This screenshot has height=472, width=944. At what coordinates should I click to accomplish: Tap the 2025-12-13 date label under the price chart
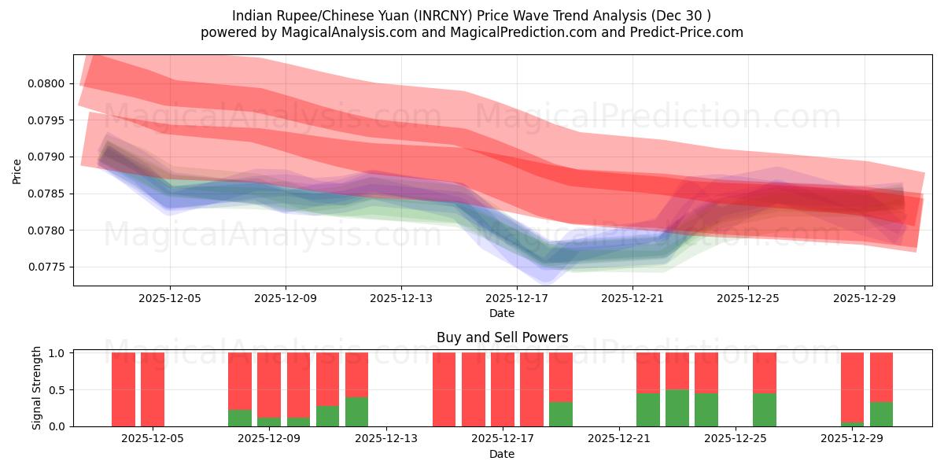[401, 298]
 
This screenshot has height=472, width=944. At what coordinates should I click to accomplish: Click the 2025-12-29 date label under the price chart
[864, 298]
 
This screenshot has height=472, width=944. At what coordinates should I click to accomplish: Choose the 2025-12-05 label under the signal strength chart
[153, 439]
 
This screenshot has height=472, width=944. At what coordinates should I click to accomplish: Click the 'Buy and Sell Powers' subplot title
[502, 337]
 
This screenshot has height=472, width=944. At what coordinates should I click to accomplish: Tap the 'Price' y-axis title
[17, 171]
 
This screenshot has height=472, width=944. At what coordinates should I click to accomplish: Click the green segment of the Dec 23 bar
[677, 407]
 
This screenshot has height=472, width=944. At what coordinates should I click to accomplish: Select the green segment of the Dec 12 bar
[356, 411]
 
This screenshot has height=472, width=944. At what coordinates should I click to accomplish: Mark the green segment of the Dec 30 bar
[881, 414]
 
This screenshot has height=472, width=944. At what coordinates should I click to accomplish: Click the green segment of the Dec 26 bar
[765, 409]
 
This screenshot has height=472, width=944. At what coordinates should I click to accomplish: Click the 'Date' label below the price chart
[502, 313]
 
